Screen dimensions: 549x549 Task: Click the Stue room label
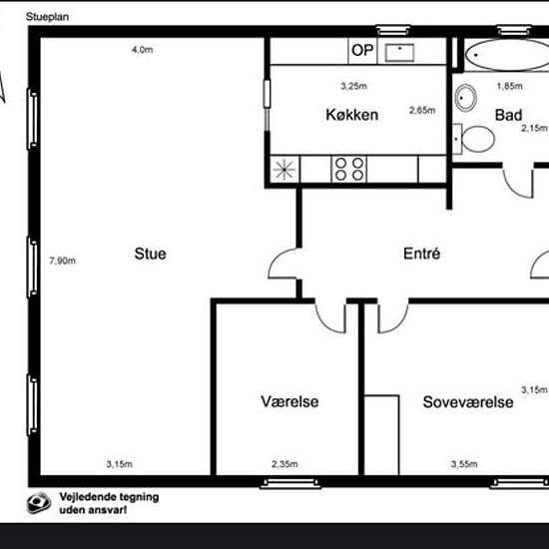click(x=150, y=254)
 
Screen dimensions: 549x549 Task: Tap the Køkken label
click(x=352, y=115)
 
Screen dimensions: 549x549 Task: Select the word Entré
click(x=421, y=254)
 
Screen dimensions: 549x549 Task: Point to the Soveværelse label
click(x=468, y=402)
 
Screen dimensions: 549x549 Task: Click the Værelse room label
click(x=289, y=401)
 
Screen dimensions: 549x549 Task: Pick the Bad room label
click(x=508, y=115)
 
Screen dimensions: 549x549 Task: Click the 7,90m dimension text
click(x=62, y=261)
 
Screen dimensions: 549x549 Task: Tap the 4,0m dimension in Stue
click(x=142, y=50)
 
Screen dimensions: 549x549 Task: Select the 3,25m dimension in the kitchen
click(x=354, y=86)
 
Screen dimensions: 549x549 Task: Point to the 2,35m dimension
click(x=284, y=464)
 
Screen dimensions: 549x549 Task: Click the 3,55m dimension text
click(x=464, y=464)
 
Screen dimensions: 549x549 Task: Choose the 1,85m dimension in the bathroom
click(x=510, y=86)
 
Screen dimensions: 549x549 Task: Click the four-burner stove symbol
click(x=349, y=169)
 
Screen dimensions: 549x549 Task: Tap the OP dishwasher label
click(x=362, y=51)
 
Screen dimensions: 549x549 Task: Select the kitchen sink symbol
click(x=399, y=53)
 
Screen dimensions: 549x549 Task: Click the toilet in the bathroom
click(x=473, y=139)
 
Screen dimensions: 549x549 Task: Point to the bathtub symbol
click(x=507, y=55)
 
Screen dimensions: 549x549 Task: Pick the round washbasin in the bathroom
click(x=466, y=98)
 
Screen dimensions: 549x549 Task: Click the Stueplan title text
click(x=47, y=17)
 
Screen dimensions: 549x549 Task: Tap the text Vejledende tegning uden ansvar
click(x=109, y=503)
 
